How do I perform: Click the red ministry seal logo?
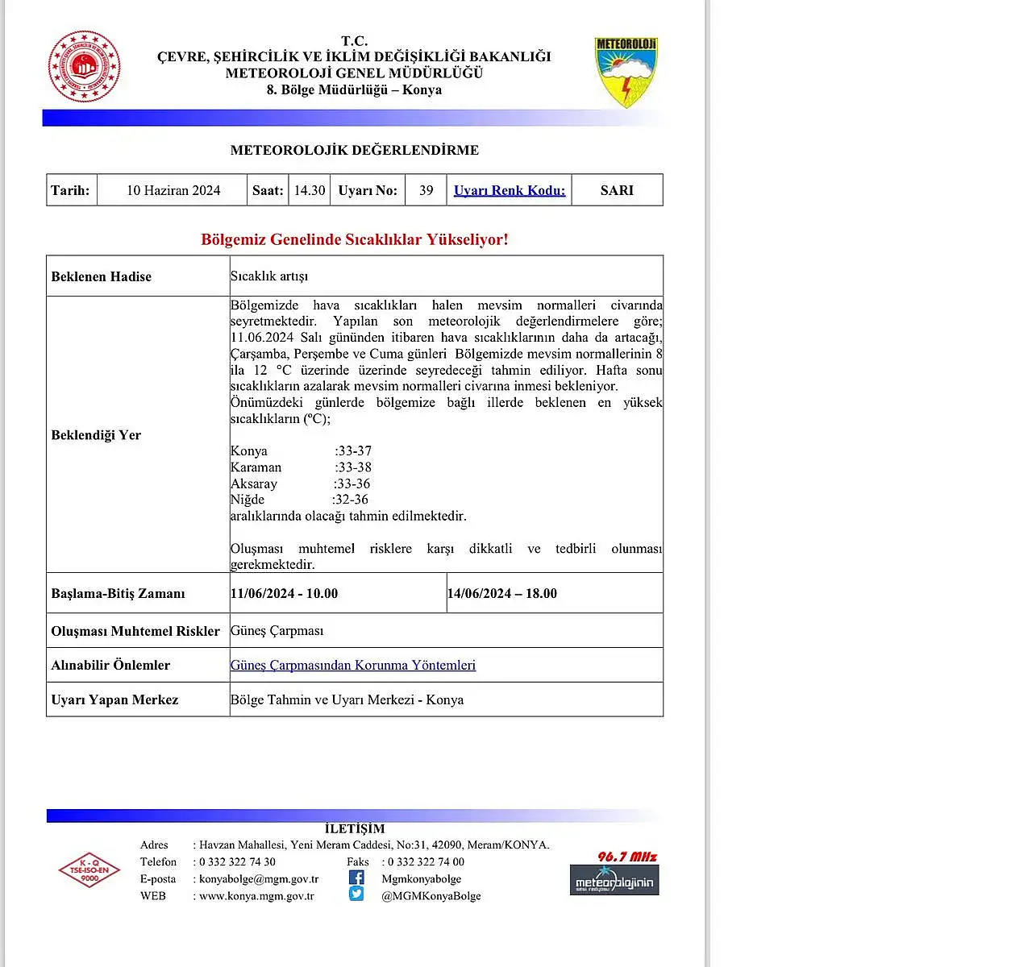tap(85, 67)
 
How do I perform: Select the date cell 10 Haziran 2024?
tap(173, 190)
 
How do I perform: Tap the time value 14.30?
tap(310, 190)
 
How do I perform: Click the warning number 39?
tap(427, 190)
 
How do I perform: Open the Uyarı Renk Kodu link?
tap(510, 190)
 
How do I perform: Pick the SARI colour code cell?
tap(617, 190)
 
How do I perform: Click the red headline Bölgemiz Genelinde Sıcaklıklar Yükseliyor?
tap(355, 239)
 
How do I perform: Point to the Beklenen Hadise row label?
tap(102, 276)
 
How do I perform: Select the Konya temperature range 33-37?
tap(354, 451)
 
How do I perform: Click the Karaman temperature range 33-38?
tap(354, 467)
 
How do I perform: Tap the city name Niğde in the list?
tap(248, 500)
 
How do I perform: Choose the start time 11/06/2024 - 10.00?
tap(285, 594)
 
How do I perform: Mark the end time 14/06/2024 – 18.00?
tap(502, 594)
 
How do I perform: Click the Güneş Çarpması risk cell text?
tap(277, 631)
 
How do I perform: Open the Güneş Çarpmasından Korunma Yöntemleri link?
tap(353, 666)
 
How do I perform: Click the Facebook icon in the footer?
tap(356, 878)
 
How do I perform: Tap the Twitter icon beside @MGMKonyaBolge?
tap(356, 894)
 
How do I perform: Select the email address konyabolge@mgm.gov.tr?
tap(259, 879)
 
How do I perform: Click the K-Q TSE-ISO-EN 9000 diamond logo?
tap(89, 870)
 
